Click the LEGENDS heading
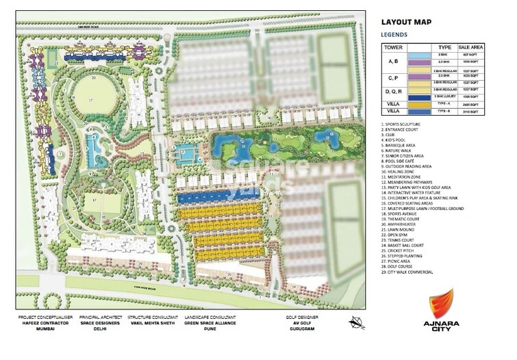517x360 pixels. (396, 34)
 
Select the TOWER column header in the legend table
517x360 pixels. (393, 47)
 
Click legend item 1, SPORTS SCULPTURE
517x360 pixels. (409, 125)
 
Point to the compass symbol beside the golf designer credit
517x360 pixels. (356, 322)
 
